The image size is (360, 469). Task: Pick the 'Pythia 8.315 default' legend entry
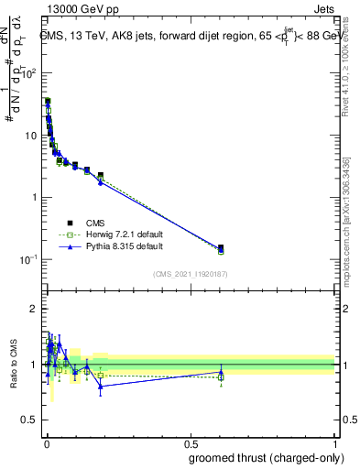[x=115, y=247]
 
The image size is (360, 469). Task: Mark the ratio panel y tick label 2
[x=34, y=309]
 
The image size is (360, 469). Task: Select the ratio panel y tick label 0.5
[x=29, y=420]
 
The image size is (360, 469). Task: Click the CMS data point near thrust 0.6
[x=221, y=247]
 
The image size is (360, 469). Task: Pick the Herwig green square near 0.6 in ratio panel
[x=221, y=376]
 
